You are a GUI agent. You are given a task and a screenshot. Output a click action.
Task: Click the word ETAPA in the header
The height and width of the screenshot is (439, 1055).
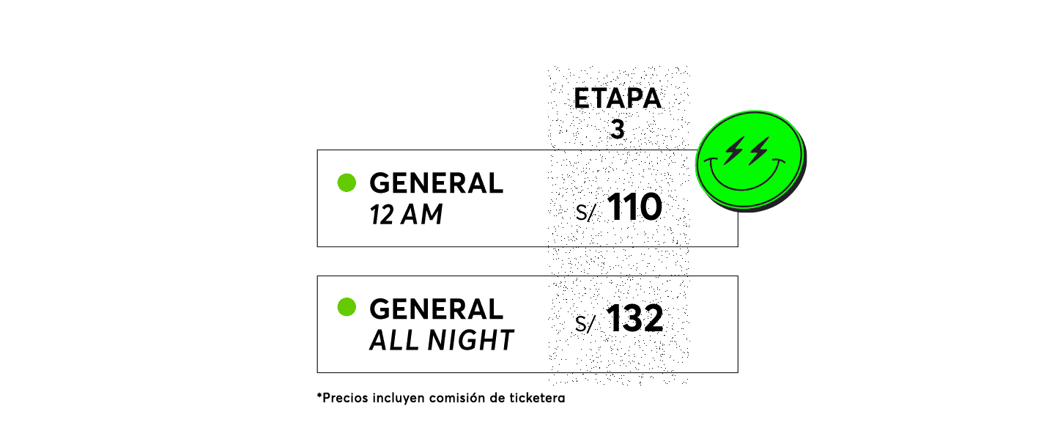(618, 98)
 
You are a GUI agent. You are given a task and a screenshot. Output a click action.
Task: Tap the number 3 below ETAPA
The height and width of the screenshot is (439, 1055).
(618, 129)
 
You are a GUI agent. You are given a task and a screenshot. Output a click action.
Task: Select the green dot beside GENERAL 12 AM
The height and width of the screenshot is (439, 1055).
(347, 182)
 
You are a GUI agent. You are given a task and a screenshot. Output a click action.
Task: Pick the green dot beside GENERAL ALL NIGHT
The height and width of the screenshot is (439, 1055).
(347, 307)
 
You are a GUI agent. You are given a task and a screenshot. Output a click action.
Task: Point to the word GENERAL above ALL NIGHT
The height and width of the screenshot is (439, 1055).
(436, 309)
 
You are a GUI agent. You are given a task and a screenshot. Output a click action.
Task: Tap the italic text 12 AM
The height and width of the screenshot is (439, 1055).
(406, 215)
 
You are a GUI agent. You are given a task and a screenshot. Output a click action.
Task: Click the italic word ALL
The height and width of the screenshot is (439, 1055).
(393, 340)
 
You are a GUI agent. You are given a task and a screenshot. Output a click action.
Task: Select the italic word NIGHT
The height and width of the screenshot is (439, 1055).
(470, 340)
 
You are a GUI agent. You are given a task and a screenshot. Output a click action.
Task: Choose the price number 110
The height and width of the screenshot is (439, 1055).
(635, 207)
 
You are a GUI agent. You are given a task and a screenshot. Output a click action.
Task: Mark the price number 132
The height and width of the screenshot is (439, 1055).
(635, 318)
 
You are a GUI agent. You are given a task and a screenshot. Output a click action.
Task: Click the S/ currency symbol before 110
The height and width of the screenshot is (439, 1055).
(585, 213)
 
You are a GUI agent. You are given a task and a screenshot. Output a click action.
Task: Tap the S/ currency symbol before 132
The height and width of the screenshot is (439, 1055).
(585, 324)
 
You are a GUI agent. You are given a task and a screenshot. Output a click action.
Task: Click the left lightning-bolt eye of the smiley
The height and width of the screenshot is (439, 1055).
(733, 151)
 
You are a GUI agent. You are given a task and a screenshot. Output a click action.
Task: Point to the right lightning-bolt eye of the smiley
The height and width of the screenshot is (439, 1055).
(759, 151)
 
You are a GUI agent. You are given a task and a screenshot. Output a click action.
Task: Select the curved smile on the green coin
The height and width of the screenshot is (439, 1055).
(743, 188)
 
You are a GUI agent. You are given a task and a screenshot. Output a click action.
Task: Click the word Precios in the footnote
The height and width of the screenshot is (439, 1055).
(345, 398)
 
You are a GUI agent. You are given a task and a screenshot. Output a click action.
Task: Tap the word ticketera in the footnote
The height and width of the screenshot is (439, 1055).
(538, 398)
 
